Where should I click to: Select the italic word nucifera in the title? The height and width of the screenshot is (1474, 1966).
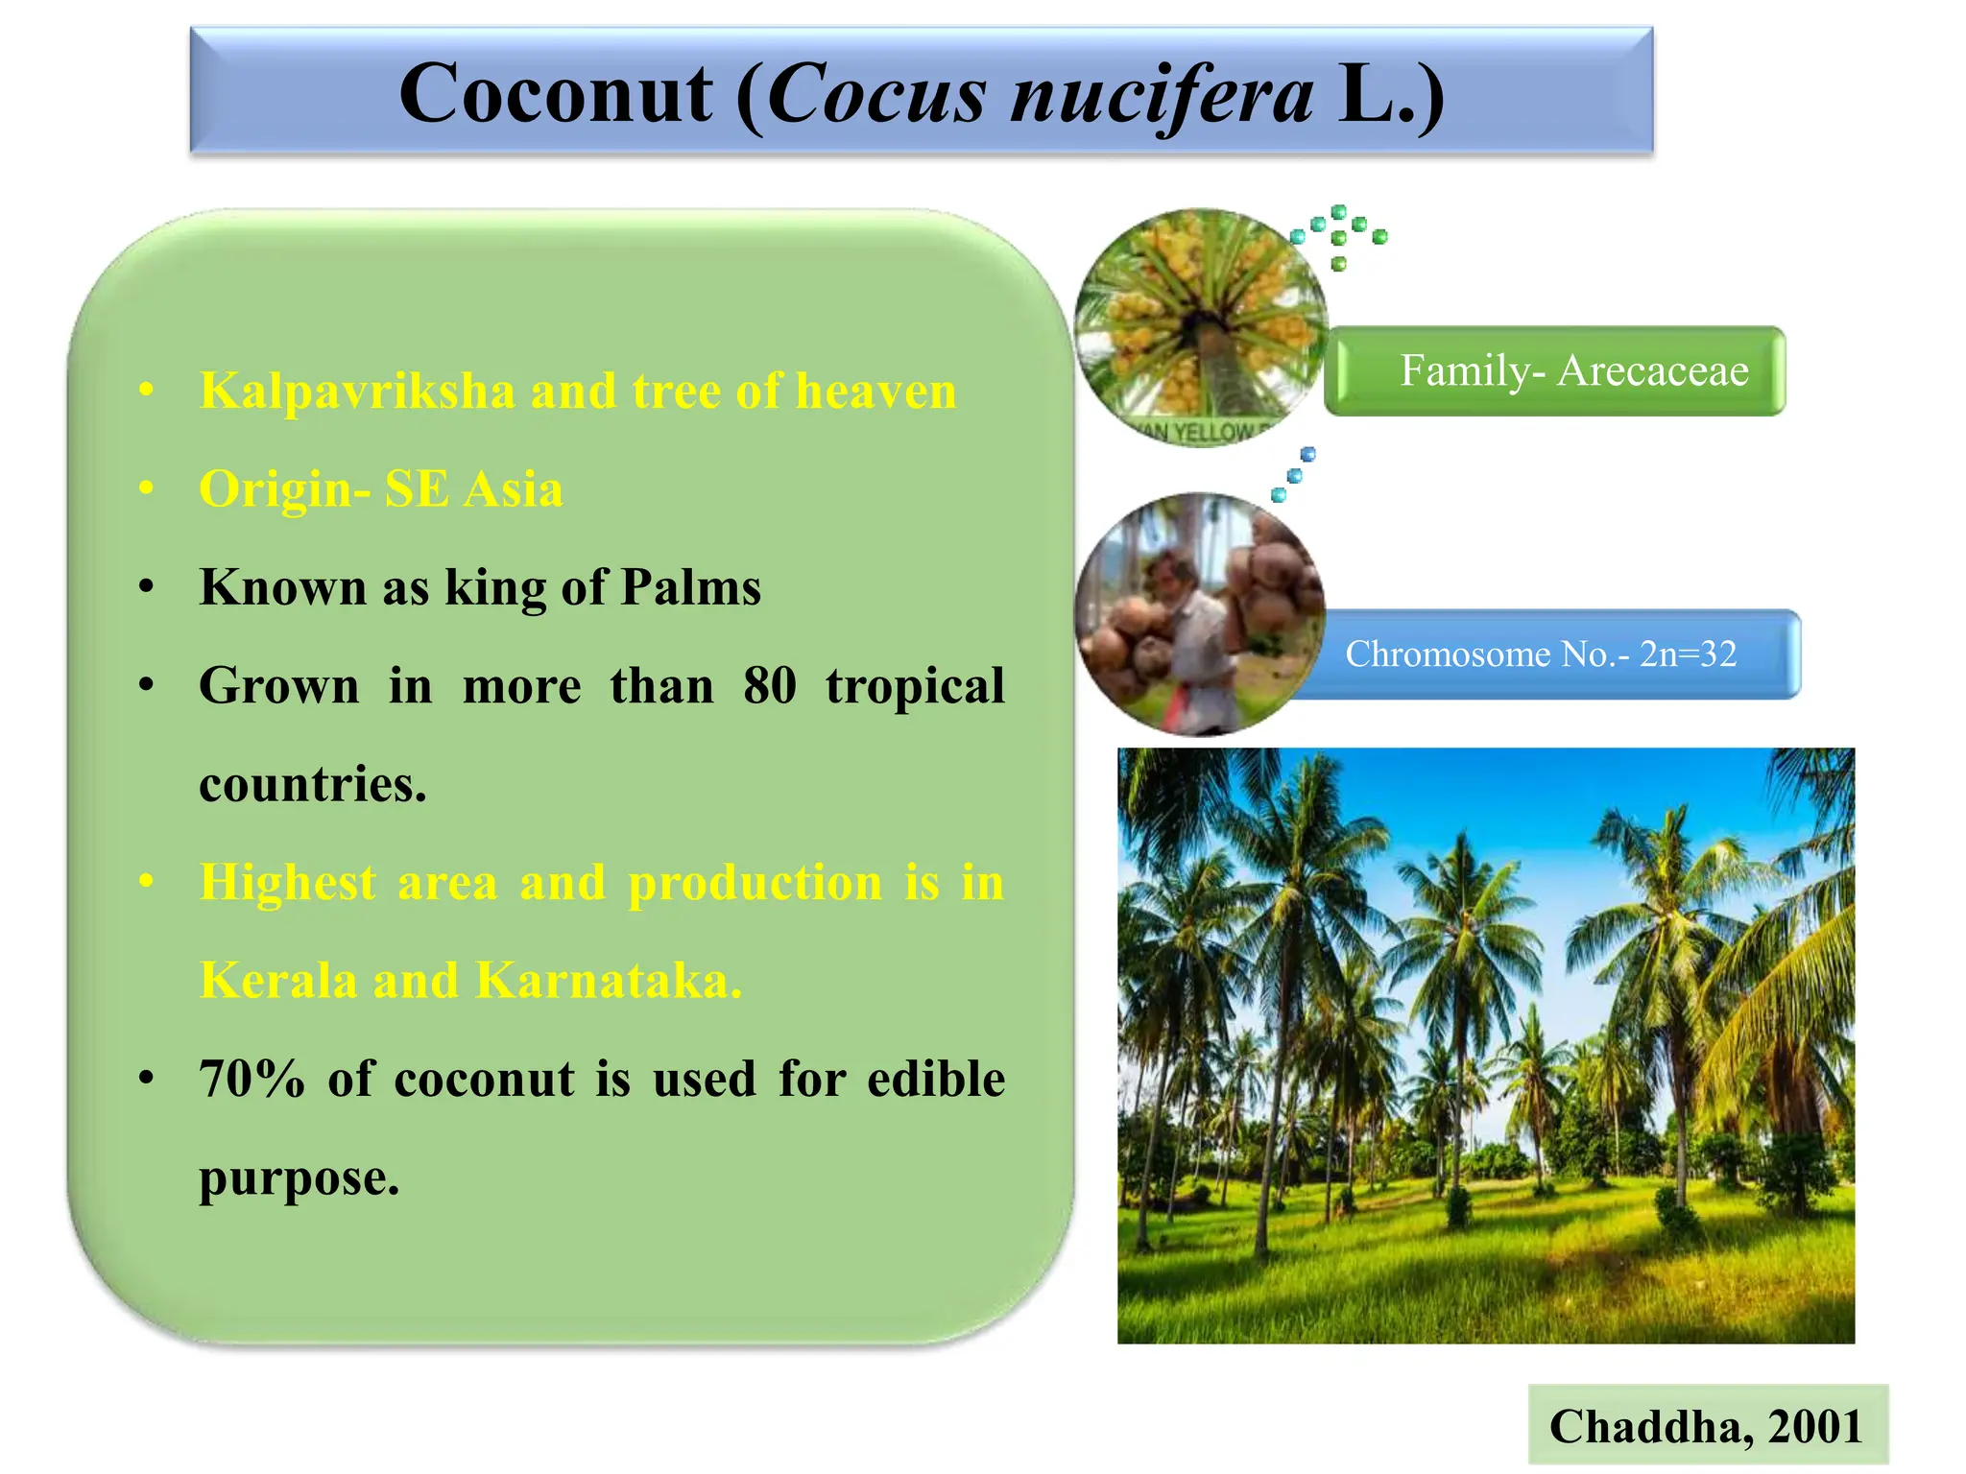pyautogui.click(x=1162, y=95)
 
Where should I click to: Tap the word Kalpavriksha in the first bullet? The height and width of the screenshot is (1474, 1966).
pyautogui.click(x=357, y=392)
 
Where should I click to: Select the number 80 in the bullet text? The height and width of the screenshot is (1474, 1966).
pyautogui.click(x=769, y=686)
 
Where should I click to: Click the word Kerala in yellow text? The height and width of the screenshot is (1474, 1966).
pyautogui.click(x=277, y=981)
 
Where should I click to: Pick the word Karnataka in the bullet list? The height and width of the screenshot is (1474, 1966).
pyautogui.click(x=608, y=981)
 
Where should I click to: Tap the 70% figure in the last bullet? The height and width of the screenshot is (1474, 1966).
pyautogui.click(x=252, y=1079)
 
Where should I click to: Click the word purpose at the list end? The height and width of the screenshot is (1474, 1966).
pyautogui.click(x=298, y=1177)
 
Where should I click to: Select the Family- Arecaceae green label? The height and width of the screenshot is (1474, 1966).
pyautogui.click(x=1555, y=371)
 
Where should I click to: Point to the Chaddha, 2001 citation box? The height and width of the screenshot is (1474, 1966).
pyautogui.click(x=1707, y=1425)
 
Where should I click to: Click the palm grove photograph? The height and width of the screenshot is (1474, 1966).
pyautogui.click(x=1485, y=1046)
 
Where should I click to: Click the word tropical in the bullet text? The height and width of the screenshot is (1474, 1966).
pyautogui.click(x=914, y=686)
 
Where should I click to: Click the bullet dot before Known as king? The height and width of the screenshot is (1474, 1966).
pyautogui.click(x=146, y=587)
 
